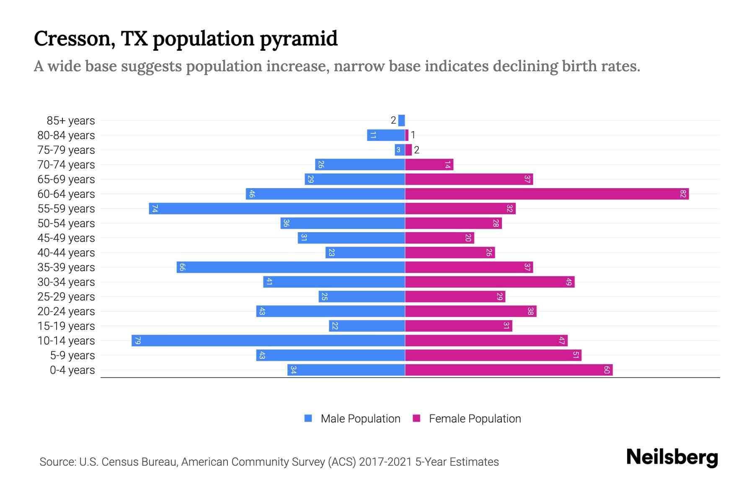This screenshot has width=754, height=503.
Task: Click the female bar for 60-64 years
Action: tap(547, 194)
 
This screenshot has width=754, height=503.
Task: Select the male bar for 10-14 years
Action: tap(268, 341)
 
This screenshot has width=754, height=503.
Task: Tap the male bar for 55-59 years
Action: tap(276, 209)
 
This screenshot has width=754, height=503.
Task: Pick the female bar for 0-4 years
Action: tap(509, 370)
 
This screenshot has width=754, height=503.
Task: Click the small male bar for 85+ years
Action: tap(402, 121)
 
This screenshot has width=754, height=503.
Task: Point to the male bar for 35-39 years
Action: tap(291, 267)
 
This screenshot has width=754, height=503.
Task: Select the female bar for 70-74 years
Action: tap(429, 165)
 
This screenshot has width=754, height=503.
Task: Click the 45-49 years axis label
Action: tap(66, 238)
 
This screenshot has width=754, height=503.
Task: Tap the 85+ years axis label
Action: tap(71, 121)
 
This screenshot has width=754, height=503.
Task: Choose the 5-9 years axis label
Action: tap(72, 355)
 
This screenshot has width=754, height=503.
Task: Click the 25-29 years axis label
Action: tap(66, 297)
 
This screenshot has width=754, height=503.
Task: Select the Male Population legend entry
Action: tap(360, 419)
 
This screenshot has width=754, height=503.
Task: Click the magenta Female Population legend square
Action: tap(416, 418)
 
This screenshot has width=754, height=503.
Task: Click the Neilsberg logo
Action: tap(672, 457)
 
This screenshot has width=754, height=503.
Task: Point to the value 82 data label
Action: tap(683, 194)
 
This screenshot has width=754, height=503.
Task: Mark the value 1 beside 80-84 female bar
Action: tap(413, 135)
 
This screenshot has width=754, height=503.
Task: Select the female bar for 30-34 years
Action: tap(490, 282)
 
